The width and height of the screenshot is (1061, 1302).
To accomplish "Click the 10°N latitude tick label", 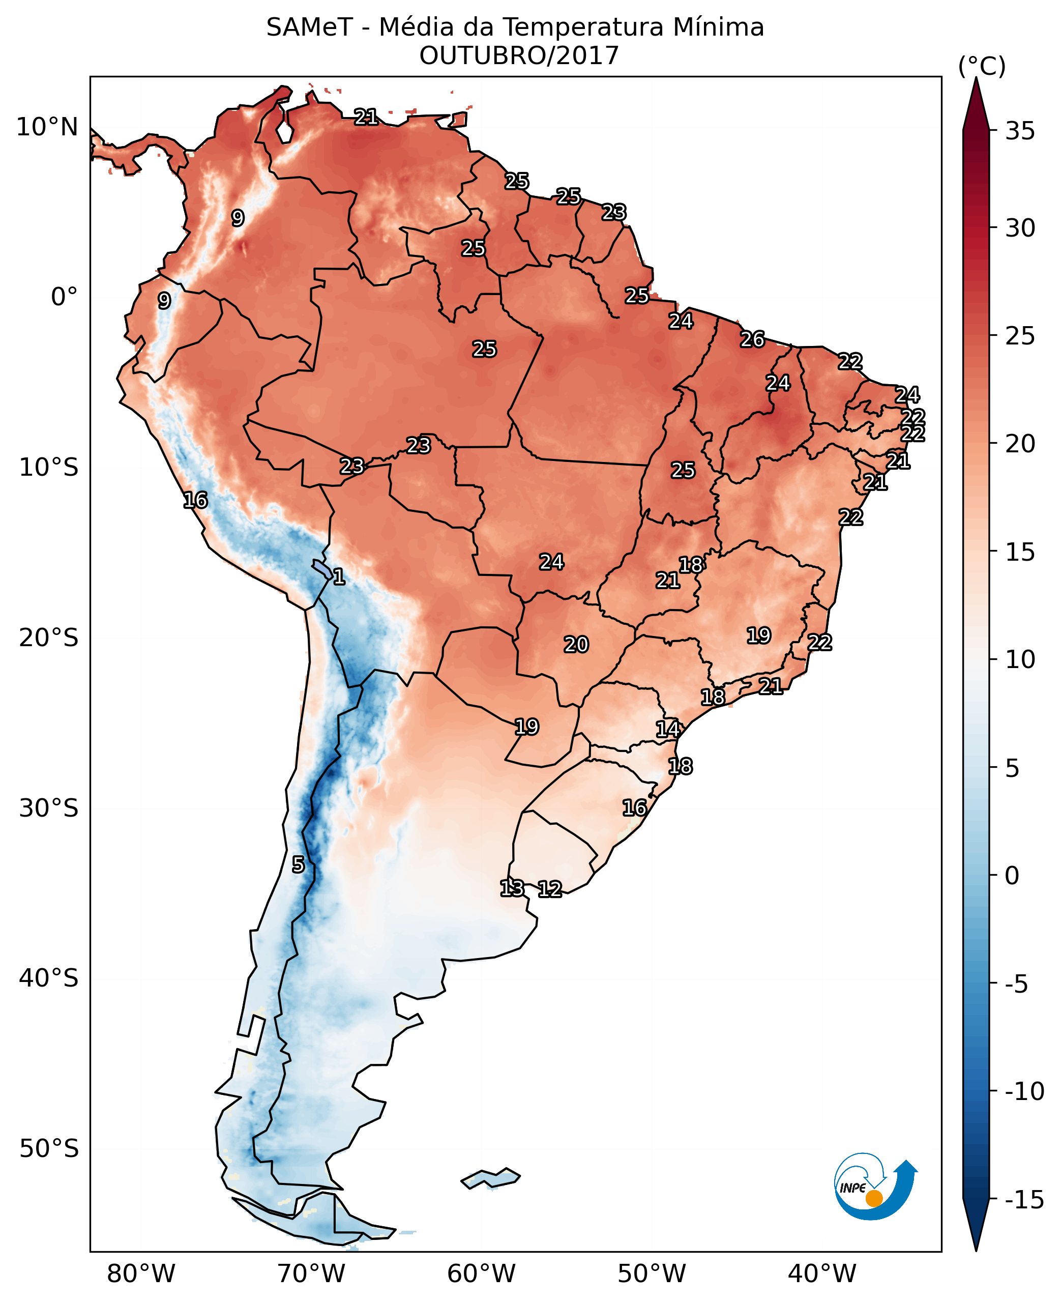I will click(x=47, y=128).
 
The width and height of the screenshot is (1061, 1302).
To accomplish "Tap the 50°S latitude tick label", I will click(x=49, y=1148).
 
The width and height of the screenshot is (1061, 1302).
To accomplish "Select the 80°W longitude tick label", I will click(x=141, y=1274).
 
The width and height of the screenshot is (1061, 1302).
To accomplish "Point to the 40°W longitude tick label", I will click(x=822, y=1274).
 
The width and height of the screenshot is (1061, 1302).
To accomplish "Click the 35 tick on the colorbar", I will click(x=1020, y=131).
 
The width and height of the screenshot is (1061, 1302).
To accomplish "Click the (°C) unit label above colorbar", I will click(x=982, y=66).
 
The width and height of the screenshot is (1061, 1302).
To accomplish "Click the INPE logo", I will click(x=875, y=1187).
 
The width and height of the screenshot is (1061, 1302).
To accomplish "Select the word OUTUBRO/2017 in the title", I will click(x=519, y=55).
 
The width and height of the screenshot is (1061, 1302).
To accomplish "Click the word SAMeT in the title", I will click(x=309, y=27).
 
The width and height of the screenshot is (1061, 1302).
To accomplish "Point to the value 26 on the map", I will click(x=752, y=339).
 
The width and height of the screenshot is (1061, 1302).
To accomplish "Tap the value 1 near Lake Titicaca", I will click(x=339, y=576).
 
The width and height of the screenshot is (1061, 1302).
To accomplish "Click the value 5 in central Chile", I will click(x=298, y=864).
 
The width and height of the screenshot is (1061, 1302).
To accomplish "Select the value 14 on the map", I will click(x=668, y=729).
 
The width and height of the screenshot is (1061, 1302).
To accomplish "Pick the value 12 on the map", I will click(x=549, y=889).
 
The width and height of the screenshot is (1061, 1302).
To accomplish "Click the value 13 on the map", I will click(x=512, y=887).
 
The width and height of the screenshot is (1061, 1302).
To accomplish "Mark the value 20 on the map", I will click(x=576, y=644).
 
